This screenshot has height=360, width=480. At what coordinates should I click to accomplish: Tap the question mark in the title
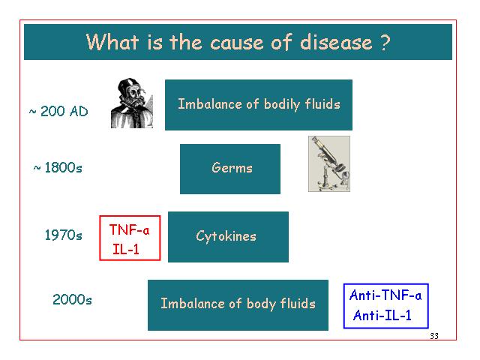[x=385, y=42]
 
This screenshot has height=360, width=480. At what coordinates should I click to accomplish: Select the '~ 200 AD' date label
[x=58, y=111]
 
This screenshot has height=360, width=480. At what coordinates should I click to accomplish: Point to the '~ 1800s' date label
[x=58, y=168]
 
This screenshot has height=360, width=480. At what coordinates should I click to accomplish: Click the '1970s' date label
[x=63, y=235]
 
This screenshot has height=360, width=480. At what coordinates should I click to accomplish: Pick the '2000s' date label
[x=72, y=299]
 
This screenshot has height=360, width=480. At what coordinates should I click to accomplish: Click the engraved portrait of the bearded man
[x=132, y=103]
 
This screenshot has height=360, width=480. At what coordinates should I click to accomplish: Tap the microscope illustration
[x=329, y=163]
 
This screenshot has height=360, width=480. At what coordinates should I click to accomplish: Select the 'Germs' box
[x=230, y=169]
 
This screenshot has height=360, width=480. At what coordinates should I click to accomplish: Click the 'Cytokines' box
[x=228, y=237]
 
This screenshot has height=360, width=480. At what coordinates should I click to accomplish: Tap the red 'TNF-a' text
[x=130, y=229]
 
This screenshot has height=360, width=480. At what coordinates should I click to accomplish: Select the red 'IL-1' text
[x=126, y=249]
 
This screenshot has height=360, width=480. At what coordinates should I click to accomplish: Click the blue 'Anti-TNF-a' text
[x=385, y=295]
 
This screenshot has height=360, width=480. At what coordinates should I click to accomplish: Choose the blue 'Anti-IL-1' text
[x=382, y=315]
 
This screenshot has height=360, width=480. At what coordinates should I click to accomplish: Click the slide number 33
[x=434, y=336]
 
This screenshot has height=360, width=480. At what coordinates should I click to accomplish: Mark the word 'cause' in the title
[x=236, y=43]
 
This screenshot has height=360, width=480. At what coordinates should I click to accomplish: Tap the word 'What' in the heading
[x=112, y=42]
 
